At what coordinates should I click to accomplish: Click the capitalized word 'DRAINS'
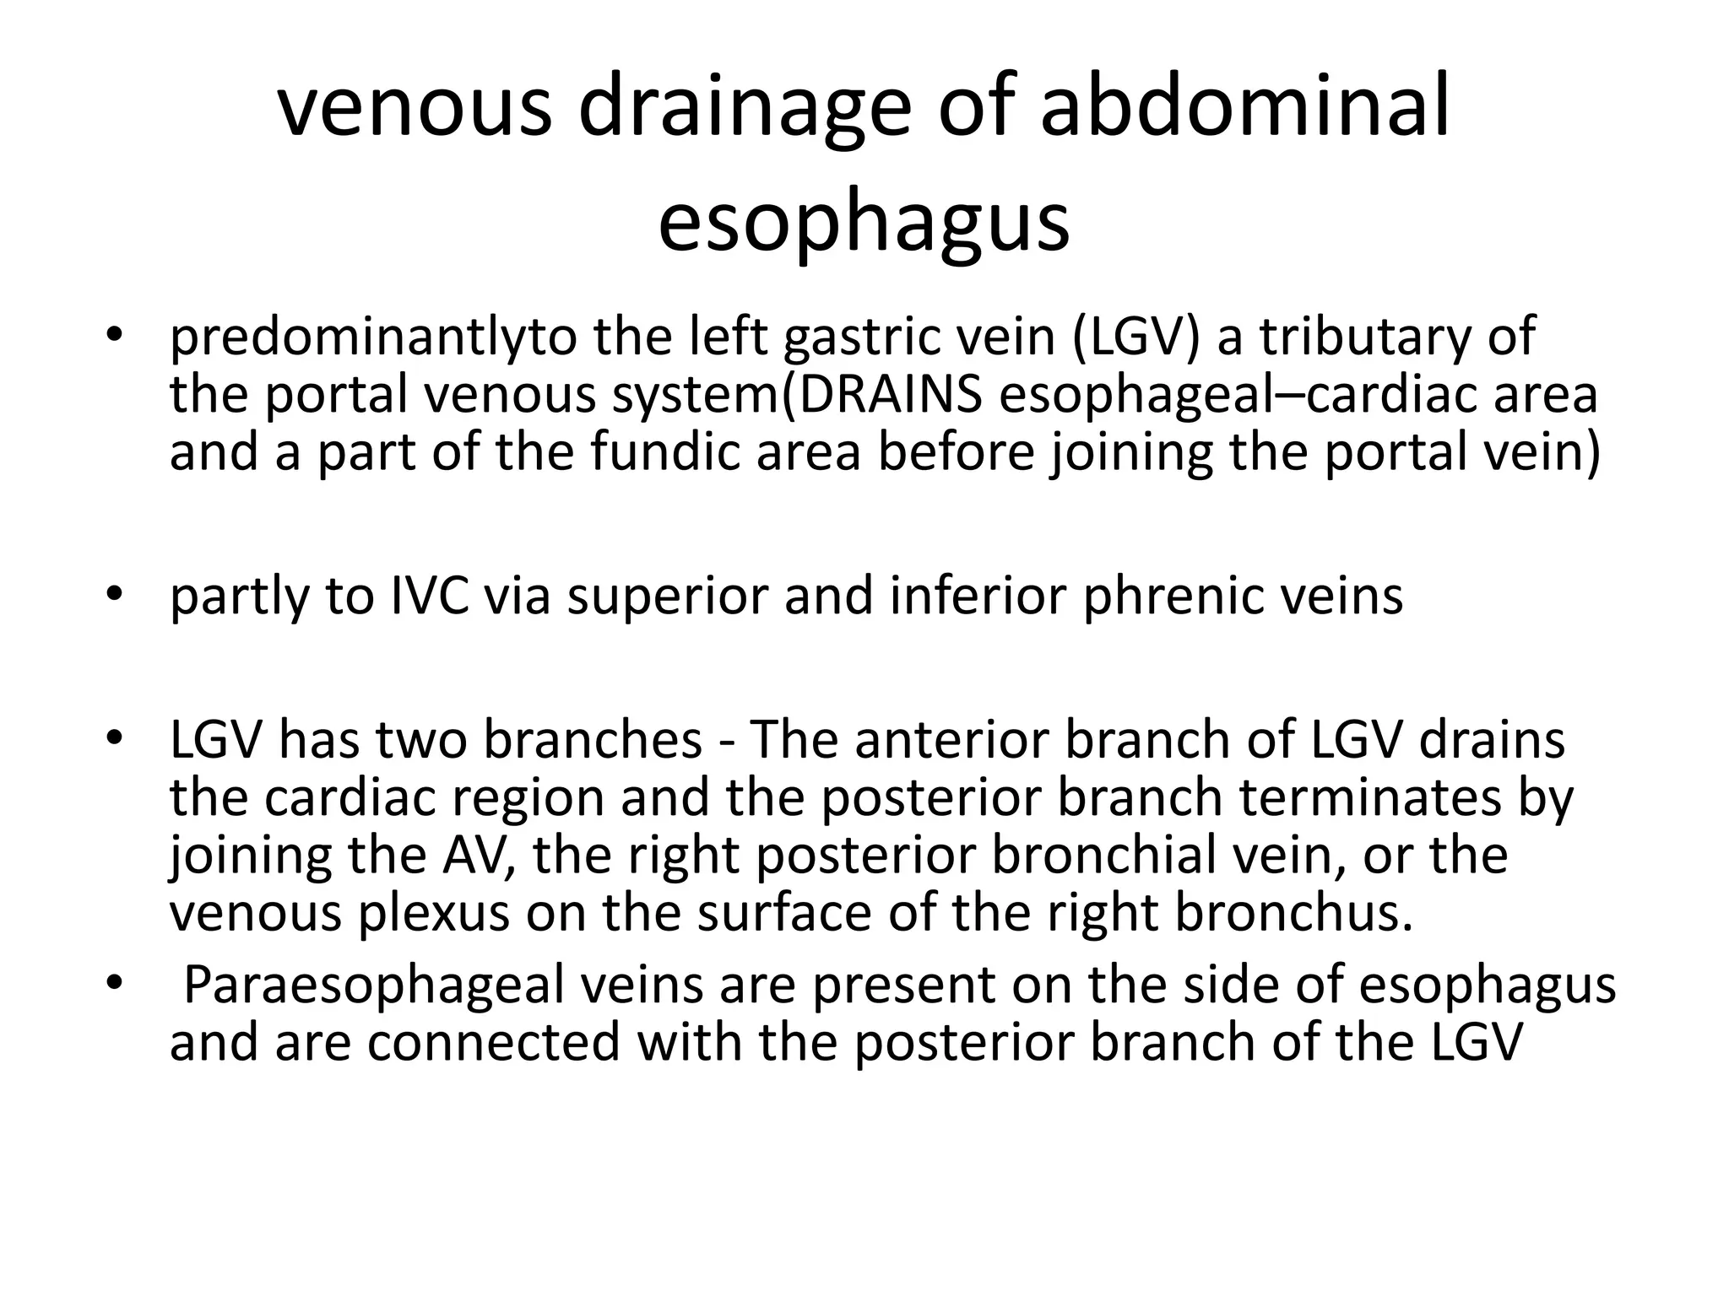click(891, 394)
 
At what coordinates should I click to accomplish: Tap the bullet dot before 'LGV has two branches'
click(116, 739)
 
